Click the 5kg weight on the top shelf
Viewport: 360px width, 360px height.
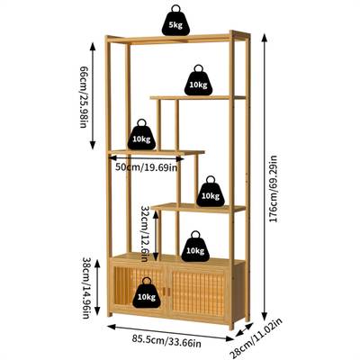point(175,21)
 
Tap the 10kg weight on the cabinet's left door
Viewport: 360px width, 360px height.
point(147,293)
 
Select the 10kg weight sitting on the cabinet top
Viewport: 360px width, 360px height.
point(195,247)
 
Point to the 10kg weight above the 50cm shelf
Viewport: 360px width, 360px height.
point(141,135)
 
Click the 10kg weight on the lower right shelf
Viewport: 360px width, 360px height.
point(211,192)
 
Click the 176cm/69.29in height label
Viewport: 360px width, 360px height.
point(274,188)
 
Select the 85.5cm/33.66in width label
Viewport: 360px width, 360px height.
point(166,341)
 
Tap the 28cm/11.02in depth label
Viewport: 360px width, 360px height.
point(258,338)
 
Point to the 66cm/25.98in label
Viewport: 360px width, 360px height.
point(84,96)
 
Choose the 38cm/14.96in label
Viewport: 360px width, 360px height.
point(85,288)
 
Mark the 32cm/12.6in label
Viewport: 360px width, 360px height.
point(145,234)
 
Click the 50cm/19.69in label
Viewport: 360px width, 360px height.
point(147,166)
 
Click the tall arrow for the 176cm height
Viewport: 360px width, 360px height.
point(265,177)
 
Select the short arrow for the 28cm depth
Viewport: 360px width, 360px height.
point(245,329)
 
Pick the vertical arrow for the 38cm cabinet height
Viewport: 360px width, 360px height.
point(97,287)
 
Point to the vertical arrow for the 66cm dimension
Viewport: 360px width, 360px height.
point(93,96)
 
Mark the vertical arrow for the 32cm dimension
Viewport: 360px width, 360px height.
point(156,236)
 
